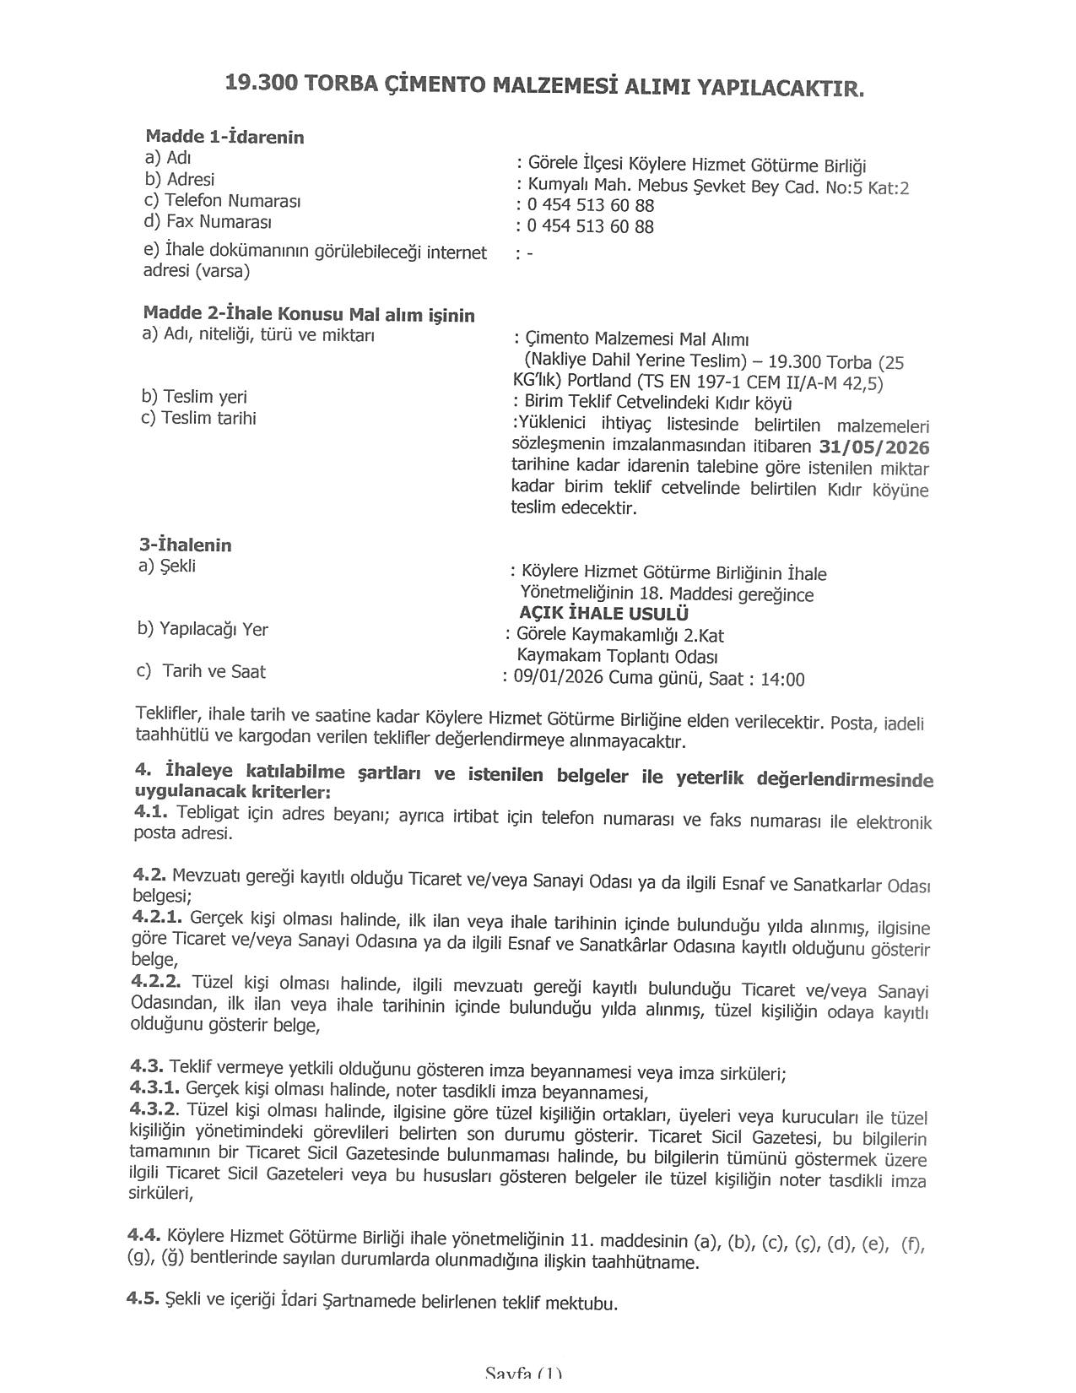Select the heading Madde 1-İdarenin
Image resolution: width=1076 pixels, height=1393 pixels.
224,137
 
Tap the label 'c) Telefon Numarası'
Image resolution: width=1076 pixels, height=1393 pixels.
222,201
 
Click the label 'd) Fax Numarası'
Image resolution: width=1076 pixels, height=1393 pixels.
208,222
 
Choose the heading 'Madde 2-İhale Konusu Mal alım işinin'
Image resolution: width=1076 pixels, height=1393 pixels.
309,315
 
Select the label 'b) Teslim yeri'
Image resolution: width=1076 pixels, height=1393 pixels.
194,397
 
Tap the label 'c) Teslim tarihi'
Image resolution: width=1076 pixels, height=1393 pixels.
199,418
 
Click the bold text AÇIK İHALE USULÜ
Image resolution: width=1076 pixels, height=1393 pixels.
604,614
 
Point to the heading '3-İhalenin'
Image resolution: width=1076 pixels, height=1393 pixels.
185,545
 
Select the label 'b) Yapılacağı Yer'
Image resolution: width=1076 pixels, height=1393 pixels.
203,629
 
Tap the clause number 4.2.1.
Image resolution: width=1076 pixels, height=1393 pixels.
157,916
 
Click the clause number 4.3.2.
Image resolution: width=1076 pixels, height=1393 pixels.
154,1107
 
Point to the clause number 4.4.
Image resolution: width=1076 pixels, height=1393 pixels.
143,1235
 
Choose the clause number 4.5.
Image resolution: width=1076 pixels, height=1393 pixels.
143,1298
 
